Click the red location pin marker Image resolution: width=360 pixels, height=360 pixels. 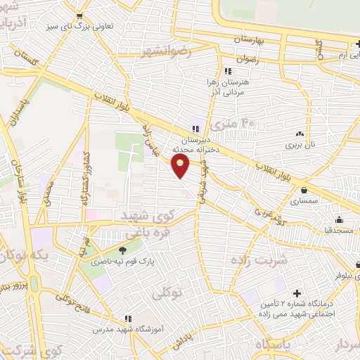(181, 166)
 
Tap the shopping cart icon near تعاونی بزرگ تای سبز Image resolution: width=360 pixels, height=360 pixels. (79, 17)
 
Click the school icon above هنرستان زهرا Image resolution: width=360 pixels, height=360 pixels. (227, 71)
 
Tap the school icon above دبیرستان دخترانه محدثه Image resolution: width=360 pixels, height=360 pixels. (195, 128)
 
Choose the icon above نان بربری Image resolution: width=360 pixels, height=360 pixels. (300, 134)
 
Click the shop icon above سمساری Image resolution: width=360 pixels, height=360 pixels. (304, 190)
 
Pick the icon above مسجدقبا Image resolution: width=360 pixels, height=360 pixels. (340, 219)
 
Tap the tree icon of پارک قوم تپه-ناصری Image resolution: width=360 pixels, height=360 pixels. (123, 250)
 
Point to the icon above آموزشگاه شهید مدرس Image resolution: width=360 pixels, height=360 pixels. (127, 318)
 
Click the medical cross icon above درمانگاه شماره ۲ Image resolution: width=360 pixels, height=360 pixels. (296, 292)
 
